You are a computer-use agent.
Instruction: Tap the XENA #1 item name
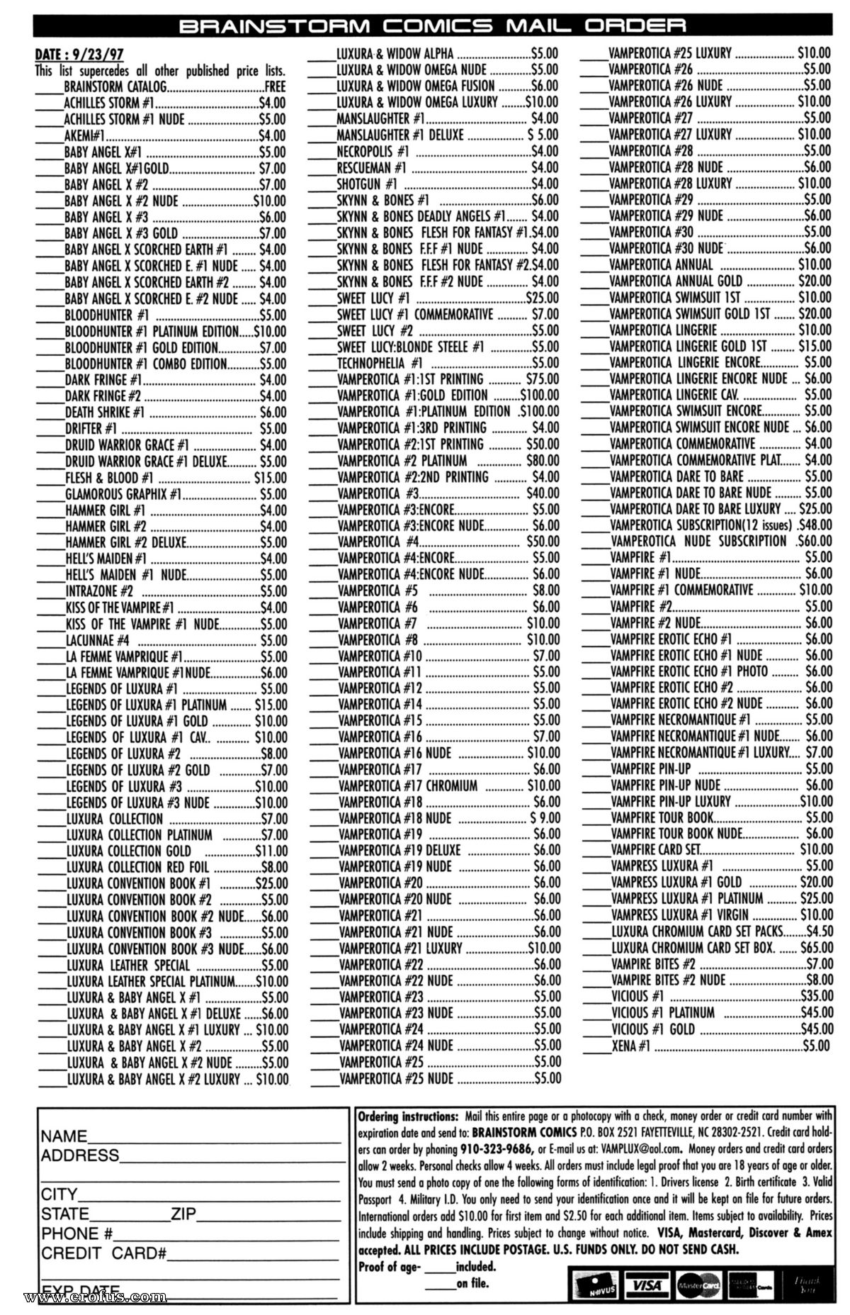630,1046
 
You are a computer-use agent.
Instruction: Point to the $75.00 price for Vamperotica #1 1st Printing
542,379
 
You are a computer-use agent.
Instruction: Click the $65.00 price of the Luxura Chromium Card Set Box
816,947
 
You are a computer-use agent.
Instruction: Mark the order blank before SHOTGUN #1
322,185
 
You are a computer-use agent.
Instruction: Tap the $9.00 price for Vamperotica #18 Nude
545,819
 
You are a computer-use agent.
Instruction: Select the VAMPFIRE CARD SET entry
655,849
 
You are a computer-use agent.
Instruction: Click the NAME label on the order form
64,1136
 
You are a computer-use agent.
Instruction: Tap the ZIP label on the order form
183,1214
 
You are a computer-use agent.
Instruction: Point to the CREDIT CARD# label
103,1253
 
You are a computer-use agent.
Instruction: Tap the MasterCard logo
698,1284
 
